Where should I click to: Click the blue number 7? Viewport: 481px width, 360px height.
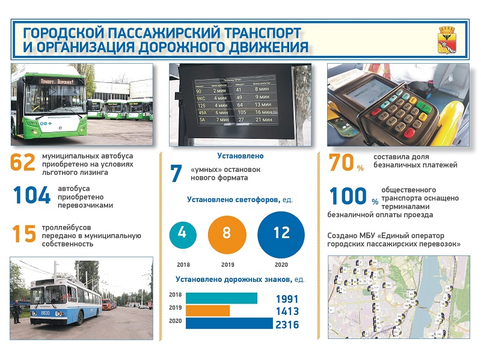tap(176, 174)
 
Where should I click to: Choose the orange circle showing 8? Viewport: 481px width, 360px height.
tap(227, 233)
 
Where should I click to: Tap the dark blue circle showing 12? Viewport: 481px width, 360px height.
tap(281, 233)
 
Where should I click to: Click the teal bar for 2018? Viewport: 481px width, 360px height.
tap(221, 298)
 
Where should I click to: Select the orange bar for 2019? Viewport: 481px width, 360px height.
tap(207, 311)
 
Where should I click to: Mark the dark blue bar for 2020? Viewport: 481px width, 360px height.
tap(228, 323)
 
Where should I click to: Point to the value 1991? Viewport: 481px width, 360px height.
tap(287, 299)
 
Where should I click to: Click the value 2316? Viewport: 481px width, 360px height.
tap(287, 325)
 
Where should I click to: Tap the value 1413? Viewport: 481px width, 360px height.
tap(287, 312)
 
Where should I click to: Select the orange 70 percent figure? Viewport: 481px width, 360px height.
tap(346, 164)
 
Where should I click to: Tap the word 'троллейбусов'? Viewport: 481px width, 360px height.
tap(66, 227)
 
